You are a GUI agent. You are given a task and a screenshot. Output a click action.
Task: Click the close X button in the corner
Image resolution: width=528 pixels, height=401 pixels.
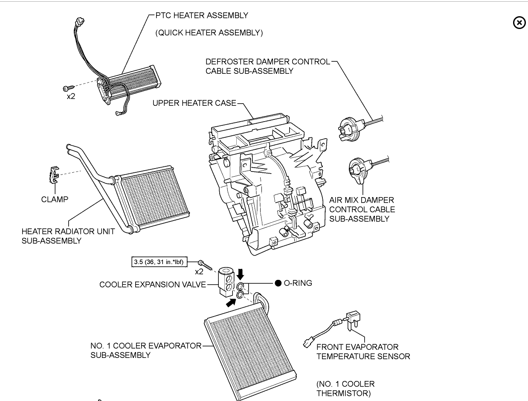[519, 23]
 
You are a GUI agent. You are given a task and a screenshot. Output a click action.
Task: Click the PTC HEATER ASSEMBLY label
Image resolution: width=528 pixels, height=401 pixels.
[201, 15]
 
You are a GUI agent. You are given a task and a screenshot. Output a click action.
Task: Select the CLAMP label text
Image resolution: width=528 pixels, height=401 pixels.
[55, 199]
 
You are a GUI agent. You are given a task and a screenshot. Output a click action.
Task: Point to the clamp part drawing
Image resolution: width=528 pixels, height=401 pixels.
[52, 174]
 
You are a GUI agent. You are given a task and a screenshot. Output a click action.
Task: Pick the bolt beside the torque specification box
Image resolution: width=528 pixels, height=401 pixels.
[205, 264]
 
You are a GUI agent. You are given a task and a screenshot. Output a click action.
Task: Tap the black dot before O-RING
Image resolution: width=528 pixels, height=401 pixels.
[278, 283]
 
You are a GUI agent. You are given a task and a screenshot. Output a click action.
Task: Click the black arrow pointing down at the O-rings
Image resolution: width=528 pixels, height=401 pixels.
[242, 273]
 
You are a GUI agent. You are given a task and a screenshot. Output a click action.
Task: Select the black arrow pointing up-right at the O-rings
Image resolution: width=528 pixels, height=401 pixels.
[231, 303]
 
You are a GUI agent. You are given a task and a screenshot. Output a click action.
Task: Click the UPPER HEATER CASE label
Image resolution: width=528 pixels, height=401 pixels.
[194, 104]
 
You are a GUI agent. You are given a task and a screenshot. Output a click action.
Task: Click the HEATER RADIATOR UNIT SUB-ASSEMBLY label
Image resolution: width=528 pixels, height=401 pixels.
[68, 236]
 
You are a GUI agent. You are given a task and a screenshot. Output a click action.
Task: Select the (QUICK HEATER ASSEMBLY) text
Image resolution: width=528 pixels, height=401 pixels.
[209, 33]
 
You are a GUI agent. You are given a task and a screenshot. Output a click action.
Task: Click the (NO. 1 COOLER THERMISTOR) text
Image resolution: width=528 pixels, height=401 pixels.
[345, 388]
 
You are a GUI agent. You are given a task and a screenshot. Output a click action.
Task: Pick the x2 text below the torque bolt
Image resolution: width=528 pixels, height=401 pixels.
[199, 272]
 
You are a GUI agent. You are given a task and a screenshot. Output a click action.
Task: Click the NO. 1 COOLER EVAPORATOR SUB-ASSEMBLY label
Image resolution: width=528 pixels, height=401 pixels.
[145, 350]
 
